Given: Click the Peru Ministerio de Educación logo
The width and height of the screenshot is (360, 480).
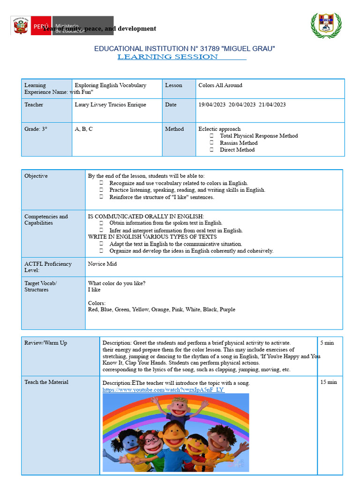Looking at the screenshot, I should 61,26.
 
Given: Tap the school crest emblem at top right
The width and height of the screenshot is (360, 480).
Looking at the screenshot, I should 326,25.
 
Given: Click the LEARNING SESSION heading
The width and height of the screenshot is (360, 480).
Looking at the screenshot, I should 168,57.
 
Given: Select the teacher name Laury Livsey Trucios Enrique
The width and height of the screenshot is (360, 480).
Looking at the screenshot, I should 110,105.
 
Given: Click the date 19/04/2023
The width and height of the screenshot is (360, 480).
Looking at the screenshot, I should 212,105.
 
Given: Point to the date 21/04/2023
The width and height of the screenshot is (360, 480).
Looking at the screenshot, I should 272,105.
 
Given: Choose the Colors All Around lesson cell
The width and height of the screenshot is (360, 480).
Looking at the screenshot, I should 220,85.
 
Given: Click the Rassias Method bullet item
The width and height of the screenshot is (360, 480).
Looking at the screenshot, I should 239,143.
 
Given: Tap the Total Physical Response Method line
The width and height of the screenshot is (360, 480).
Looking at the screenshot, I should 258,136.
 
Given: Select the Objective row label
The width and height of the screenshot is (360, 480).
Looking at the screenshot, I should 36,176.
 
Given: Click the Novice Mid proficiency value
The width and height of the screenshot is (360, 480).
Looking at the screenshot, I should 102,264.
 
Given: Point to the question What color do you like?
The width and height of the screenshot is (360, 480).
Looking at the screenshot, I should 116,283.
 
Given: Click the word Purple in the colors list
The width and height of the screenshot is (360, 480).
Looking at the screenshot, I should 227,309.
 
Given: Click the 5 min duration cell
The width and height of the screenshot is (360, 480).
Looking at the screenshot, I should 327,343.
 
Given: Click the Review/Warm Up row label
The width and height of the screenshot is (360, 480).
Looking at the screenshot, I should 45,343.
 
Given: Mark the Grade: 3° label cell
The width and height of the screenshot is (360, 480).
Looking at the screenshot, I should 36,129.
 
